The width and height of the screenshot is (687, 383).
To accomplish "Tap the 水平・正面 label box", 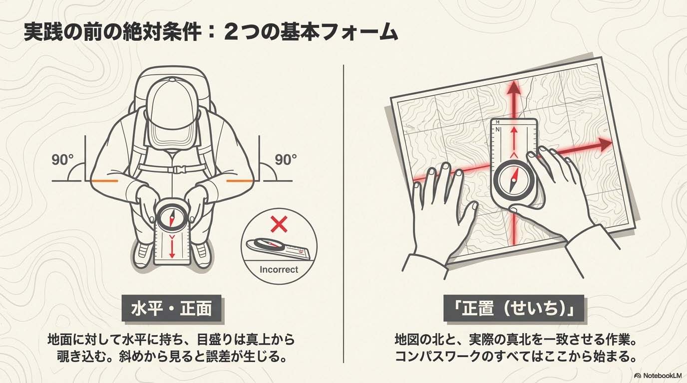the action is point(171,308).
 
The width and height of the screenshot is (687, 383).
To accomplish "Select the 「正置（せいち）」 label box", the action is point(513,308).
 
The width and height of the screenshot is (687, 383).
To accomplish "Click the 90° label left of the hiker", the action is point(62,160).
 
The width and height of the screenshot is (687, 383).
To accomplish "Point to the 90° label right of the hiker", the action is point(286,160).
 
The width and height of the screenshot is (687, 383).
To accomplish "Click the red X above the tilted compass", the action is point(279,224).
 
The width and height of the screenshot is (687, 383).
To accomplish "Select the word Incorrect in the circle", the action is point(279,270).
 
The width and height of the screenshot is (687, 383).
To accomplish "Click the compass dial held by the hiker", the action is point(172,215).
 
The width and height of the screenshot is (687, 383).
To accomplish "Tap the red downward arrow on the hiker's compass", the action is point(172,246).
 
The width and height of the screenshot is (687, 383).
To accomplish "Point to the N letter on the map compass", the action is point(497,130).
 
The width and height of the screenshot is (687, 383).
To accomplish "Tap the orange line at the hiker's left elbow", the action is point(104,181).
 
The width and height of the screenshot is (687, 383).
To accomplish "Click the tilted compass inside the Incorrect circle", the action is point(279,248).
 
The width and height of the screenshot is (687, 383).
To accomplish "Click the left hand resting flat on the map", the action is point(442,214).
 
